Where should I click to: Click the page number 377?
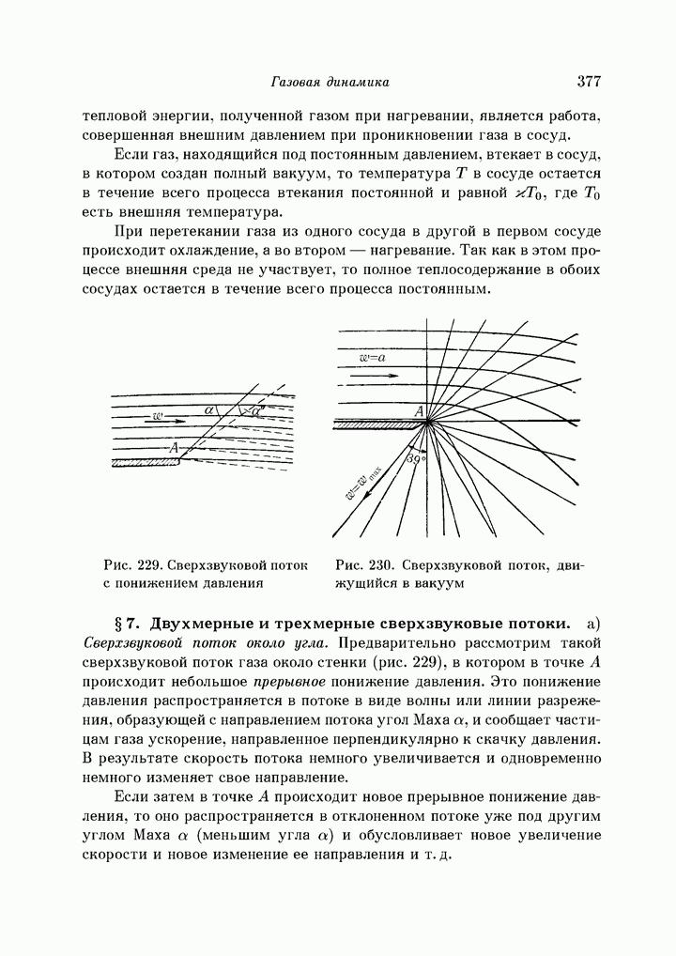[x=589, y=82]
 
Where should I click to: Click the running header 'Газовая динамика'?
[x=330, y=83]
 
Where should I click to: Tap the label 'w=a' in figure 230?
[x=372, y=358]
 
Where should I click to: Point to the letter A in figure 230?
[x=419, y=409]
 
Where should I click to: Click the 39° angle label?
[x=416, y=459]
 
